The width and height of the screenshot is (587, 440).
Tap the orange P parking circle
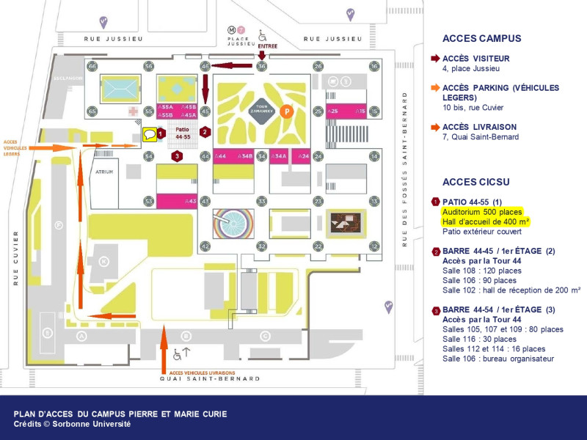click(288, 111)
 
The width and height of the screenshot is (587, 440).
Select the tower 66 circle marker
click(92, 66)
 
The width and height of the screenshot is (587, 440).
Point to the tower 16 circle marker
click(374, 66)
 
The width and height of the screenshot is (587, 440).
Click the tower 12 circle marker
click(374, 246)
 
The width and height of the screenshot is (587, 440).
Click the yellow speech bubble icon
click(149, 134)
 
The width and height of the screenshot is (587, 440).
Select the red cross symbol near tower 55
click(134, 111)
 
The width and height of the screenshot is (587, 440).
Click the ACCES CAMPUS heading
click(481, 39)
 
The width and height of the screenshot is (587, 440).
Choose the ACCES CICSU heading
click(475, 182)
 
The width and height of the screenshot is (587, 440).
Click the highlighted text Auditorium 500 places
click(481, 211)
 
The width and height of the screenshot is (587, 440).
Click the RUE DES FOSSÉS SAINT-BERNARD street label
click(404, 169)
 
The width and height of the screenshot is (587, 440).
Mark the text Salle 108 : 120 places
click(481, 271)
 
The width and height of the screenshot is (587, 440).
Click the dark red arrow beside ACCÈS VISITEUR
click(435, 59)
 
